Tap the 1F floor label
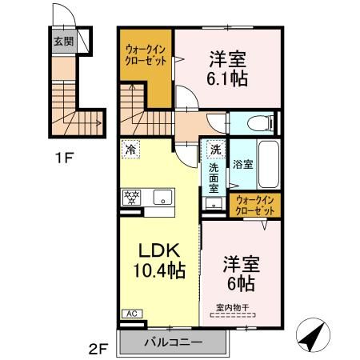click(x=65, y=157)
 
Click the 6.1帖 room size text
click(x=227, y=78)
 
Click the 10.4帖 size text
click(x=159, y=270)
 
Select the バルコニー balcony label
click(x=173, y=343)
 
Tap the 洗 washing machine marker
click(x=214, y=150)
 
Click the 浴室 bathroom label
click(x=243, y=164)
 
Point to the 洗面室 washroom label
click(x=214, y=180)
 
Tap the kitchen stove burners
click(x=131, y=196)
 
